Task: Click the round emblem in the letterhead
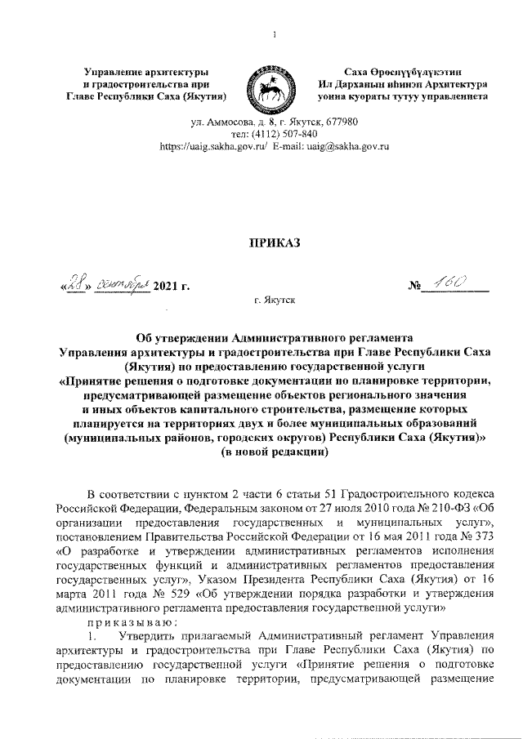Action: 261,86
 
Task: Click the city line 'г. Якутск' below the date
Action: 274,300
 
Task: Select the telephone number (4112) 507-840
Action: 275,134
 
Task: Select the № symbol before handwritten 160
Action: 418,286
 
